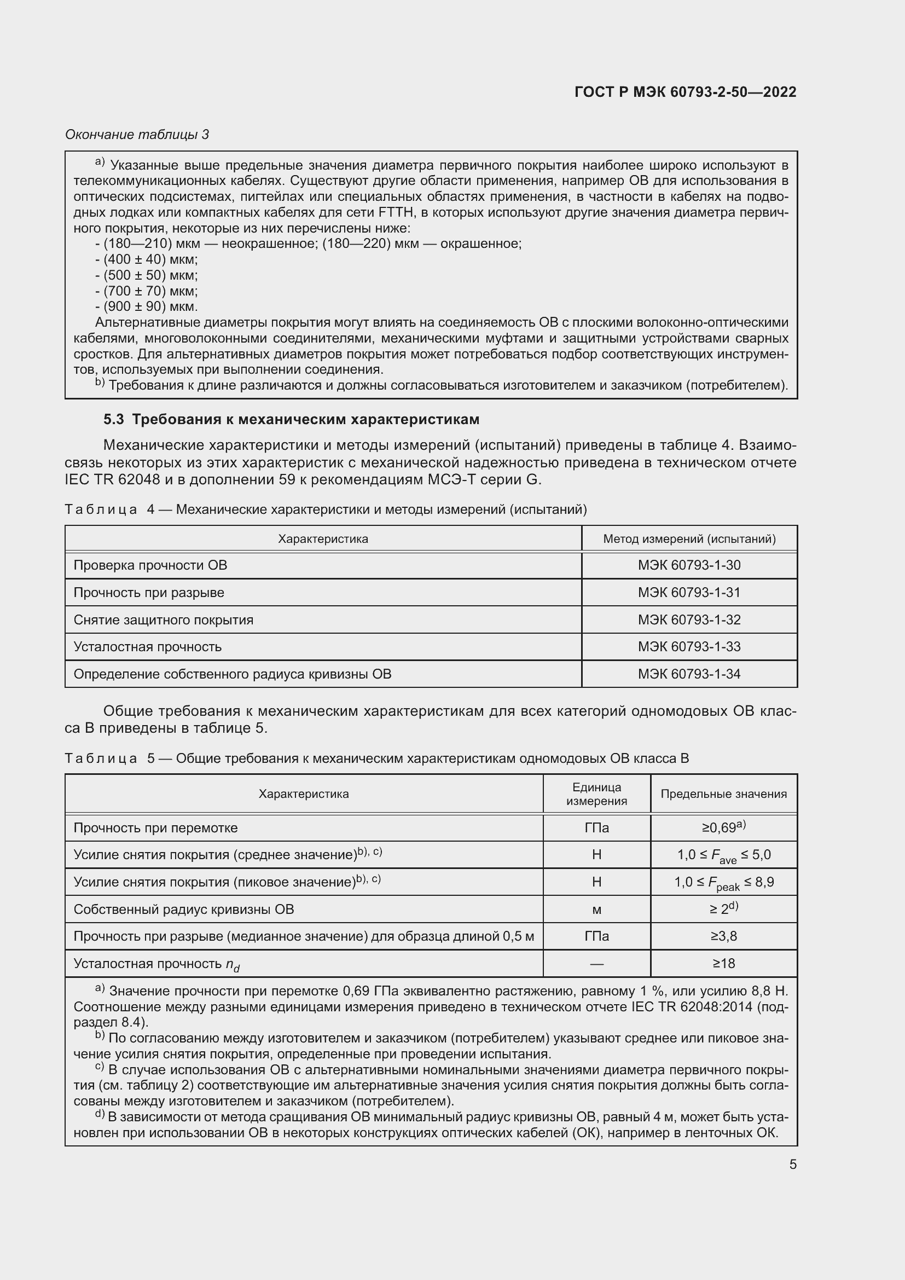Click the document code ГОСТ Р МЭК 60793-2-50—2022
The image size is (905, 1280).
[x=685, y=92]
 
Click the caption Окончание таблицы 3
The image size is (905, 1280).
[x=137, y=135]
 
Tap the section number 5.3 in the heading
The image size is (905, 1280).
[x=114, y=419]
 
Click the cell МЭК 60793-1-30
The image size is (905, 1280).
[x=689, y=565]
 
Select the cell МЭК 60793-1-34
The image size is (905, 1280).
[x=689, y=674]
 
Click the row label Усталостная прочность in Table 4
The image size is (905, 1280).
[x=148, y=647]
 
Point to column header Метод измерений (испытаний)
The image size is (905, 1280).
[x=689, y=538]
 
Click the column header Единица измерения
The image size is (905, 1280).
[x=596, y=794]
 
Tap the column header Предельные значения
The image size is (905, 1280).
[x=723, y=794]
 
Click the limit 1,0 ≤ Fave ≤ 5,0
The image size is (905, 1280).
[x=723, y=855]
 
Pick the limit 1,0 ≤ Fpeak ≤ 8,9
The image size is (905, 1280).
[x=723, y=883]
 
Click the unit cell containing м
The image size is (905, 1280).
[x=596, y=910]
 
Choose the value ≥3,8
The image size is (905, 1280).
[x=723, y=936]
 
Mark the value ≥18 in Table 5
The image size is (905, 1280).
[x=723, y=963]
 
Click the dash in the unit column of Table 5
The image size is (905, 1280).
[x=596, y=963]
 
